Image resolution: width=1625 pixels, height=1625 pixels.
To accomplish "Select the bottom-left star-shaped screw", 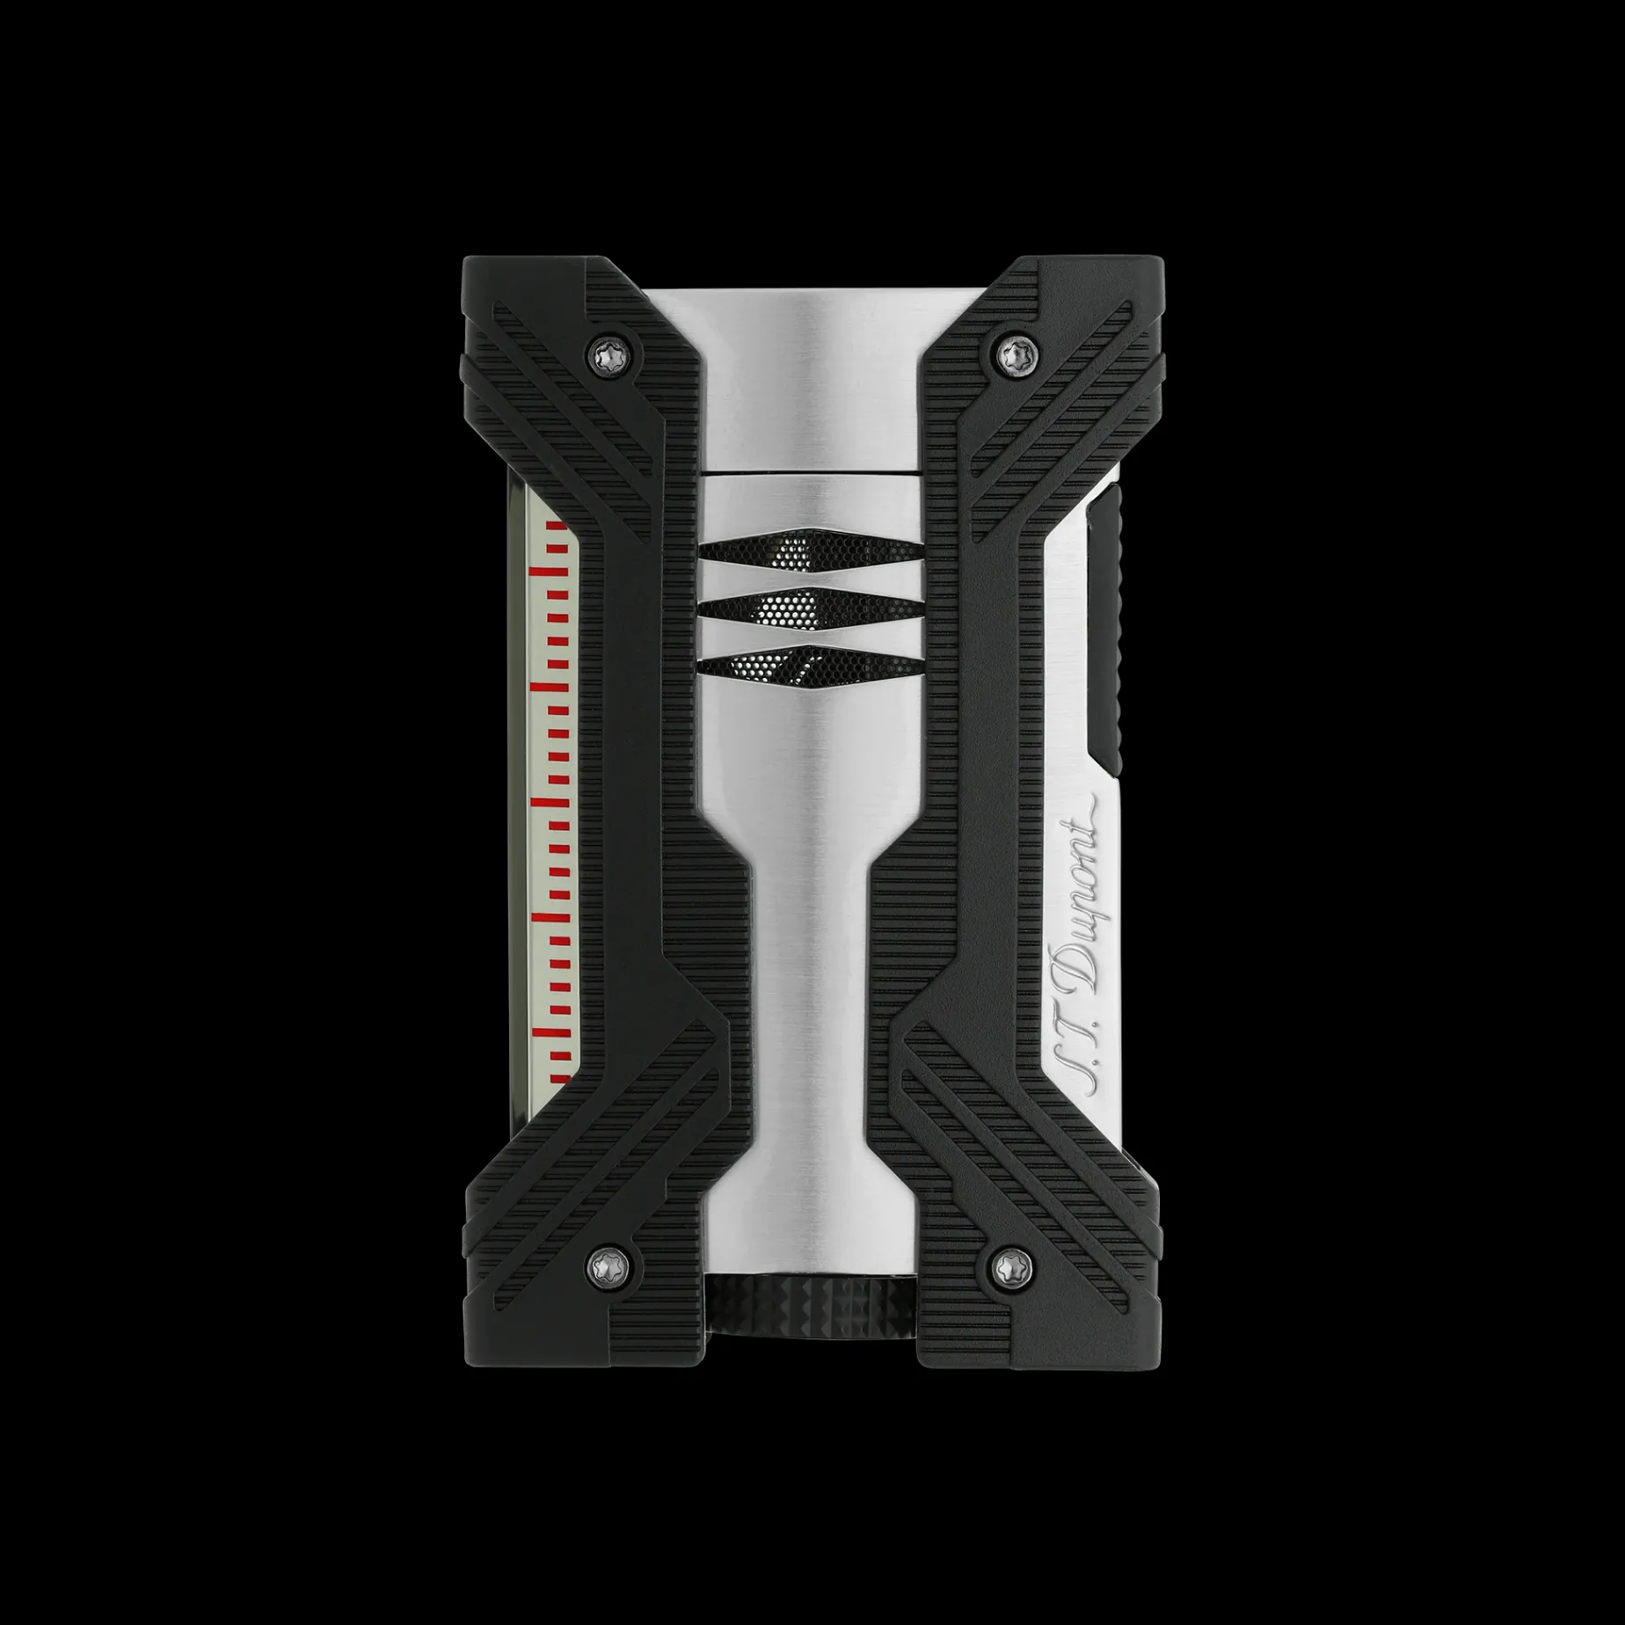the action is click(608, 1265).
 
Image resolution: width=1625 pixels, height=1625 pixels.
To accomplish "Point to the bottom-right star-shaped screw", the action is click(1017, 1265).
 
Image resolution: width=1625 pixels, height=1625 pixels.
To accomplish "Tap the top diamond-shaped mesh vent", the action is click(812, 552).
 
